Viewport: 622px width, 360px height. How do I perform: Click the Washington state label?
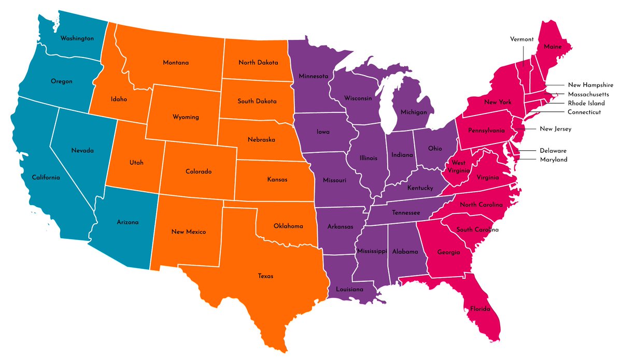click(x=77, y=38)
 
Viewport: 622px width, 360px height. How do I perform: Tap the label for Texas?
click(x=265, y=276)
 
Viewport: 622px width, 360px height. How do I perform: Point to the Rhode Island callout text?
click(x=586, y=103)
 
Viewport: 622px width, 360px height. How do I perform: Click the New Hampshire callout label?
click(x=590, y=85)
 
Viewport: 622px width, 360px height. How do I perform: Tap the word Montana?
click(x=176, y=63)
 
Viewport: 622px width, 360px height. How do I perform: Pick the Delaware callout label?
click(x=553, y=150)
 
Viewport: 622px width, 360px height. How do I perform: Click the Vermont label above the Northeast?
click(x=522, y=39)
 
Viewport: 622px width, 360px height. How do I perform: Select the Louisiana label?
click(x=349, y=289)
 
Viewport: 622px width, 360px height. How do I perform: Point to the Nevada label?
click(x=82, y=150)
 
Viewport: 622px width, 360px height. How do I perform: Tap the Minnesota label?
click(x=314, y=76)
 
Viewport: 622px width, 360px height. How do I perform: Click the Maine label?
click(x=553, y=47)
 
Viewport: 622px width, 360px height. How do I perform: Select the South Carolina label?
click(x=477, y=229)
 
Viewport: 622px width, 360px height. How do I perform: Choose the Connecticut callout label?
click(x=584, y=112)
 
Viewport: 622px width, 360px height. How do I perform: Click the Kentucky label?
click(x=420, y=188)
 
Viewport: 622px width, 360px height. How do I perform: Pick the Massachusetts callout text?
click(x=588, y=94)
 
